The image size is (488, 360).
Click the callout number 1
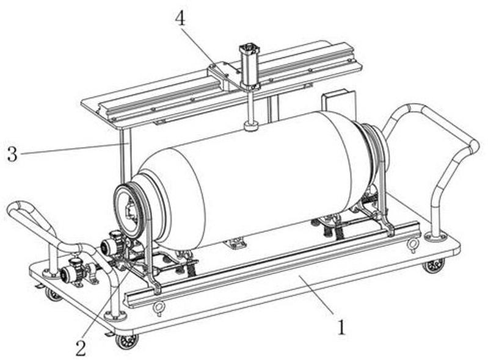(x=342, y=328)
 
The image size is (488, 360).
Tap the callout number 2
(x=81, y=348)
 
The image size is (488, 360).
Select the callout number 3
(x=12, y=154)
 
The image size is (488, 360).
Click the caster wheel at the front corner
(x=126, y=341)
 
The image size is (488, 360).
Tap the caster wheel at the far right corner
(x=434, y=266)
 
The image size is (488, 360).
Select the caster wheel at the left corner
(x=53, y=294)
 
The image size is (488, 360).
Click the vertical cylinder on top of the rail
(x=249, y=67)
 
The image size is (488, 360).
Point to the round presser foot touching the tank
(x=251, y=126)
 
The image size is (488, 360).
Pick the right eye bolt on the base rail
(x=413, y=244)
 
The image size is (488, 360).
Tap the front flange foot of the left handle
(x=115, y=316)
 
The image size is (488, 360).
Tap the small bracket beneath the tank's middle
(x=236, y=242)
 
